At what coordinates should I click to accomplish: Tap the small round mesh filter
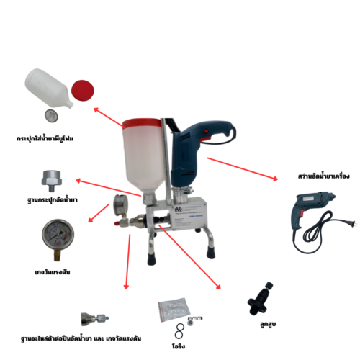pyautogui.click(x=51, y=117)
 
